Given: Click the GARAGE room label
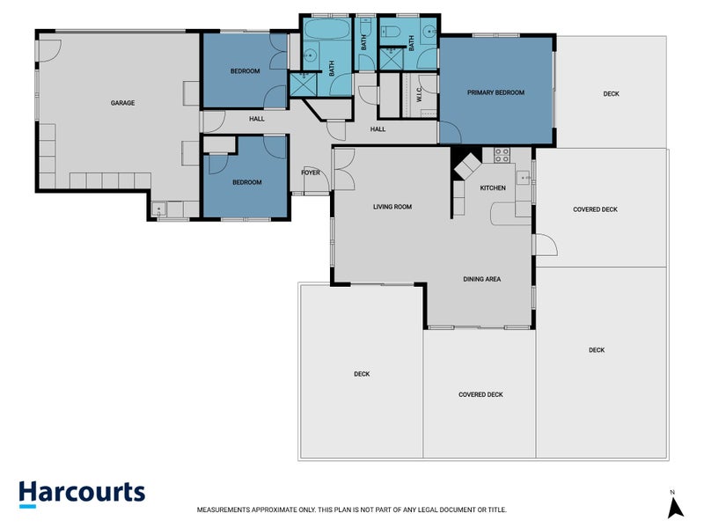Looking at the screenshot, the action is point(122,103).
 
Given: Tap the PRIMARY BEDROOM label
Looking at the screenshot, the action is point(495,92).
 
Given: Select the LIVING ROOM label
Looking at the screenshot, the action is point(392,207).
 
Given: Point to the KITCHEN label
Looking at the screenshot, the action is point(493,187).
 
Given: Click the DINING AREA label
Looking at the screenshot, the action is point(481,279).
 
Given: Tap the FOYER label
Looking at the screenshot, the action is point(311,172).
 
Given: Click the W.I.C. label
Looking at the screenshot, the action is point(419,94).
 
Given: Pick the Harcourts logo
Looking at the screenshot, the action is point(82,494).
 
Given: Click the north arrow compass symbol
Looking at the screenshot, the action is point(675,505).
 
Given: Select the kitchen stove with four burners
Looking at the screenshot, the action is point(502,156).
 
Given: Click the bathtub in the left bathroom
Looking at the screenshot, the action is point(327,28).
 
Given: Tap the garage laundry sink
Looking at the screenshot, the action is point(159,209).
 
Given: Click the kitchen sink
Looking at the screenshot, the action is point(523,179).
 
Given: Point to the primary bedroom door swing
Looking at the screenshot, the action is point(450,133).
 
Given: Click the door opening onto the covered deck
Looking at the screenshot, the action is point(546,245).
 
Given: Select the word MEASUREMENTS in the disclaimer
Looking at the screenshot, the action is point(224,510).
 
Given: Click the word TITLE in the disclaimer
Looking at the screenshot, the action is point(496,510).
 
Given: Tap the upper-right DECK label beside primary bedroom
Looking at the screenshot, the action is point(611,94).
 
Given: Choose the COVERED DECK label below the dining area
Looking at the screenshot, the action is point(480,394).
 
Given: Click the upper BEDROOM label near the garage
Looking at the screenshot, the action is point(246,71).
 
